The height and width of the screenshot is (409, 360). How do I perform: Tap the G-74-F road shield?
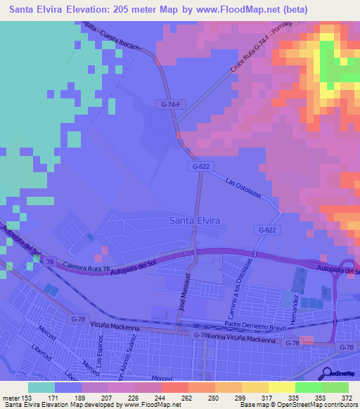[166, 105]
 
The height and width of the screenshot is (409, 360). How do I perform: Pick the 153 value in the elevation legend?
[26, 398]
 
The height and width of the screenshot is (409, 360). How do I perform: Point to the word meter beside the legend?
[10, 398]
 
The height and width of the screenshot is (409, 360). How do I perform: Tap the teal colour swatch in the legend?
[41, 387]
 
